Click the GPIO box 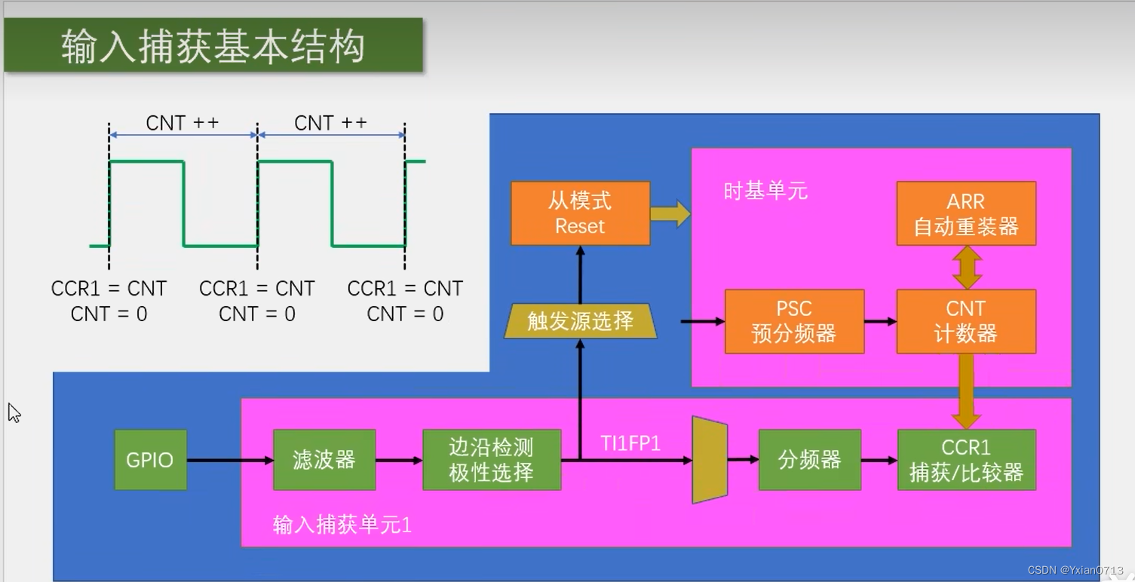coord(150,460)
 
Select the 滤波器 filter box coord(324,460)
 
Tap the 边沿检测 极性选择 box coord(492,460)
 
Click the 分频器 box coord(809,460)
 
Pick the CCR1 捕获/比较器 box coord(966,460)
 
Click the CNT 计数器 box coord(966,321)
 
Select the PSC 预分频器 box coord(794,321)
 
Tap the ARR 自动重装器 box coord(966,213)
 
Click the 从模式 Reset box coord(580,213)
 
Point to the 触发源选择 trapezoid coord(580,321)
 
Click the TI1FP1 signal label coord(630,443)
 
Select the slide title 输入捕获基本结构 coord(213,46)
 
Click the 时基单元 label coord(765,191)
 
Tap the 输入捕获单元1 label coord(342,525)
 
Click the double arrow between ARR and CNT coord(967,268)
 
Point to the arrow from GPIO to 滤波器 coord(229,460)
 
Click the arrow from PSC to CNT coord(880,322)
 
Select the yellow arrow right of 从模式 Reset coord(670,213)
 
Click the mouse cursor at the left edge coord(14,412)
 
